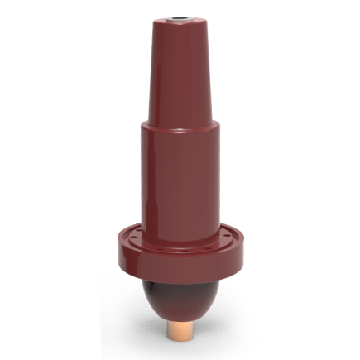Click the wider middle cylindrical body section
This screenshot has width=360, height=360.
177,174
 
